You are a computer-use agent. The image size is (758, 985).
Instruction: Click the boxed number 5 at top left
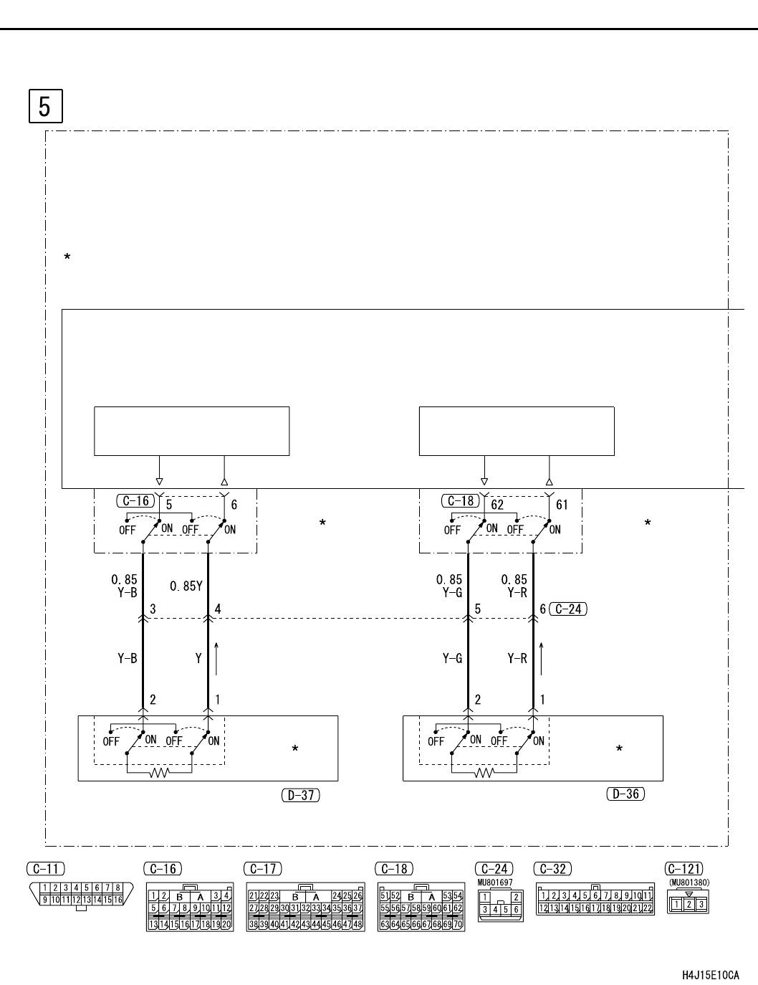(x=45, y=106)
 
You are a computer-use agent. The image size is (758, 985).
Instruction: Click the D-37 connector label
(x=301, y=795)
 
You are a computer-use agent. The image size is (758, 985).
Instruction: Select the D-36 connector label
(x=625, y=794)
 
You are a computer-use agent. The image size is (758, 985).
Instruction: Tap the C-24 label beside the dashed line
(x=567, y=609)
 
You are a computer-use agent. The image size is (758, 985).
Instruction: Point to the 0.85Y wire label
(x=186, y=586)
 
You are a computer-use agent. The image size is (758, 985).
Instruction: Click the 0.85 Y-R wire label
(x=514, y=586)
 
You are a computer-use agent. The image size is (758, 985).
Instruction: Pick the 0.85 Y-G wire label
(x=449, y=586)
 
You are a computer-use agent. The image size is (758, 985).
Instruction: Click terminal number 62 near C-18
(x=497, y=505)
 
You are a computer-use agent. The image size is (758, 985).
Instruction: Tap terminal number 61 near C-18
(x=562, y=505)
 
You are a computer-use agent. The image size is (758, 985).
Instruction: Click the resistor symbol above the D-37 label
(x=158, y=773)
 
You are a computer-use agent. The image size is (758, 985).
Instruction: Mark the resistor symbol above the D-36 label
(x=484, y=773)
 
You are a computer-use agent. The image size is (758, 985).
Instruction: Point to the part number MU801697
(x=495, y=882)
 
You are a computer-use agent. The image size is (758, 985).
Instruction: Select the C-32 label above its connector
(x=552, y=870)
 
